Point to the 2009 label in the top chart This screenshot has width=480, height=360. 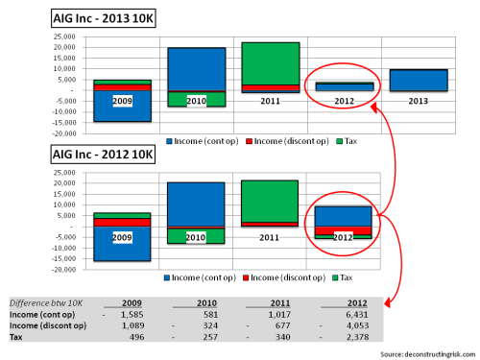123,100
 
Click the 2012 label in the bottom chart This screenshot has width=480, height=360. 343,236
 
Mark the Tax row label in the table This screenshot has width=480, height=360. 15,336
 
